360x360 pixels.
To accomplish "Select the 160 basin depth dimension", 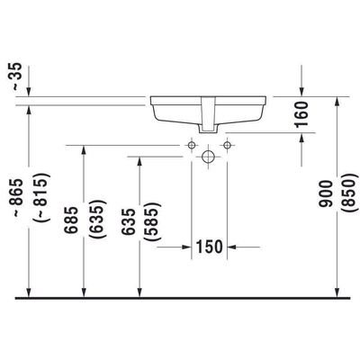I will [x=301, y=113].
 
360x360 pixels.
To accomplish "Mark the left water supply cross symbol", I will [x=191, y=144].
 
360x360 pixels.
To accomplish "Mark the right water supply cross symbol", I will [x=228, y=144].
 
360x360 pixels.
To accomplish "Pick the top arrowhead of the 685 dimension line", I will [x=85, y=149].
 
